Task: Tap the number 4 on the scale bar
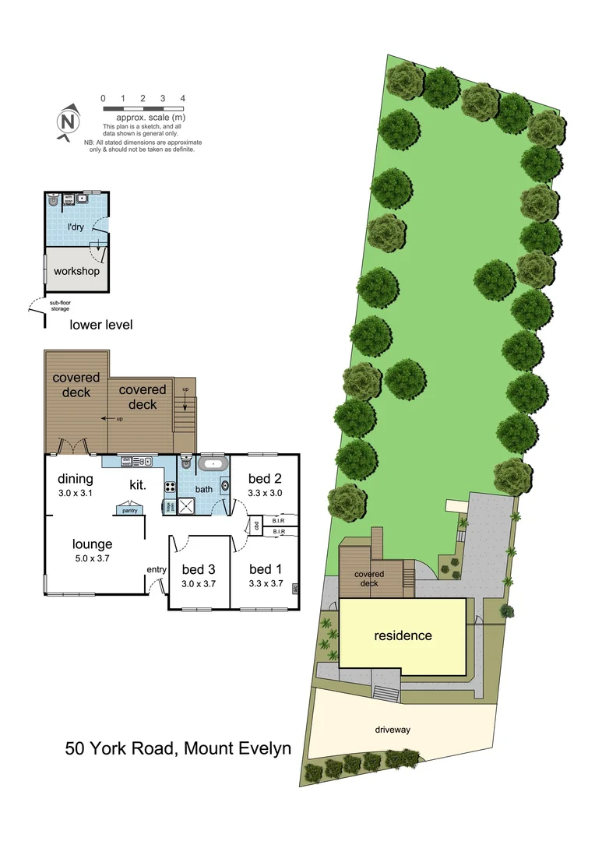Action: click(182, 98)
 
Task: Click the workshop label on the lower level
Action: click(76, 272)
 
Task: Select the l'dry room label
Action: click(76, 227)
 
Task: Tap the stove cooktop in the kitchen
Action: click(170, 487)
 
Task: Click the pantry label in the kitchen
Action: click(130, 511)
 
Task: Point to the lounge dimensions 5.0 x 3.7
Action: click(92, 559)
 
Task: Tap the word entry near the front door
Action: click(157, 570)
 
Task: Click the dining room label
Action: click(76, 479)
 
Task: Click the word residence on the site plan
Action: click(403, 635)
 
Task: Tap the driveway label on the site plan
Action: click(392, 730)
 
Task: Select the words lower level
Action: click(101, 324)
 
